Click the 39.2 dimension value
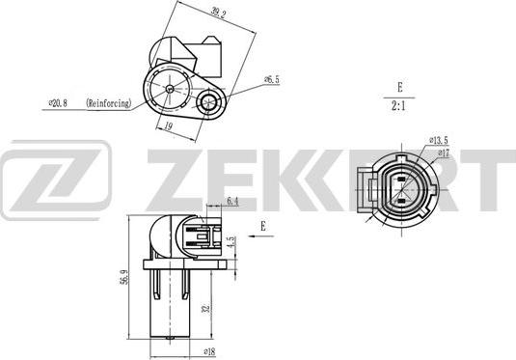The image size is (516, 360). pyautogui.click(x=219, y=13)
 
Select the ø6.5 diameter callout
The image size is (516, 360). pyautogui.click(x=272, y=79)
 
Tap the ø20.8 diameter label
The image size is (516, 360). pyautogui.click(x=58, y=103)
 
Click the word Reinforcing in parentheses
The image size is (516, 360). pyautogui.click(x=109, y=103)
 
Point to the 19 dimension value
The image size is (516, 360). pyautogui.click(x=169, y=126)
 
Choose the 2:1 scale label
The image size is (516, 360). pyautogui.click(x=398, y=106)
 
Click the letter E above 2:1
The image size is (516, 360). pyautogui.click(x=400, y=87)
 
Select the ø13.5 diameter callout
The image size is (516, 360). pyautogui.click(x=439, y=140)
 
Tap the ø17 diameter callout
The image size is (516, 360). pyautogui.click(x=444, y=153)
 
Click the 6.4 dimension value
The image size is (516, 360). pyautogui.click(x=232, y=202)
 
